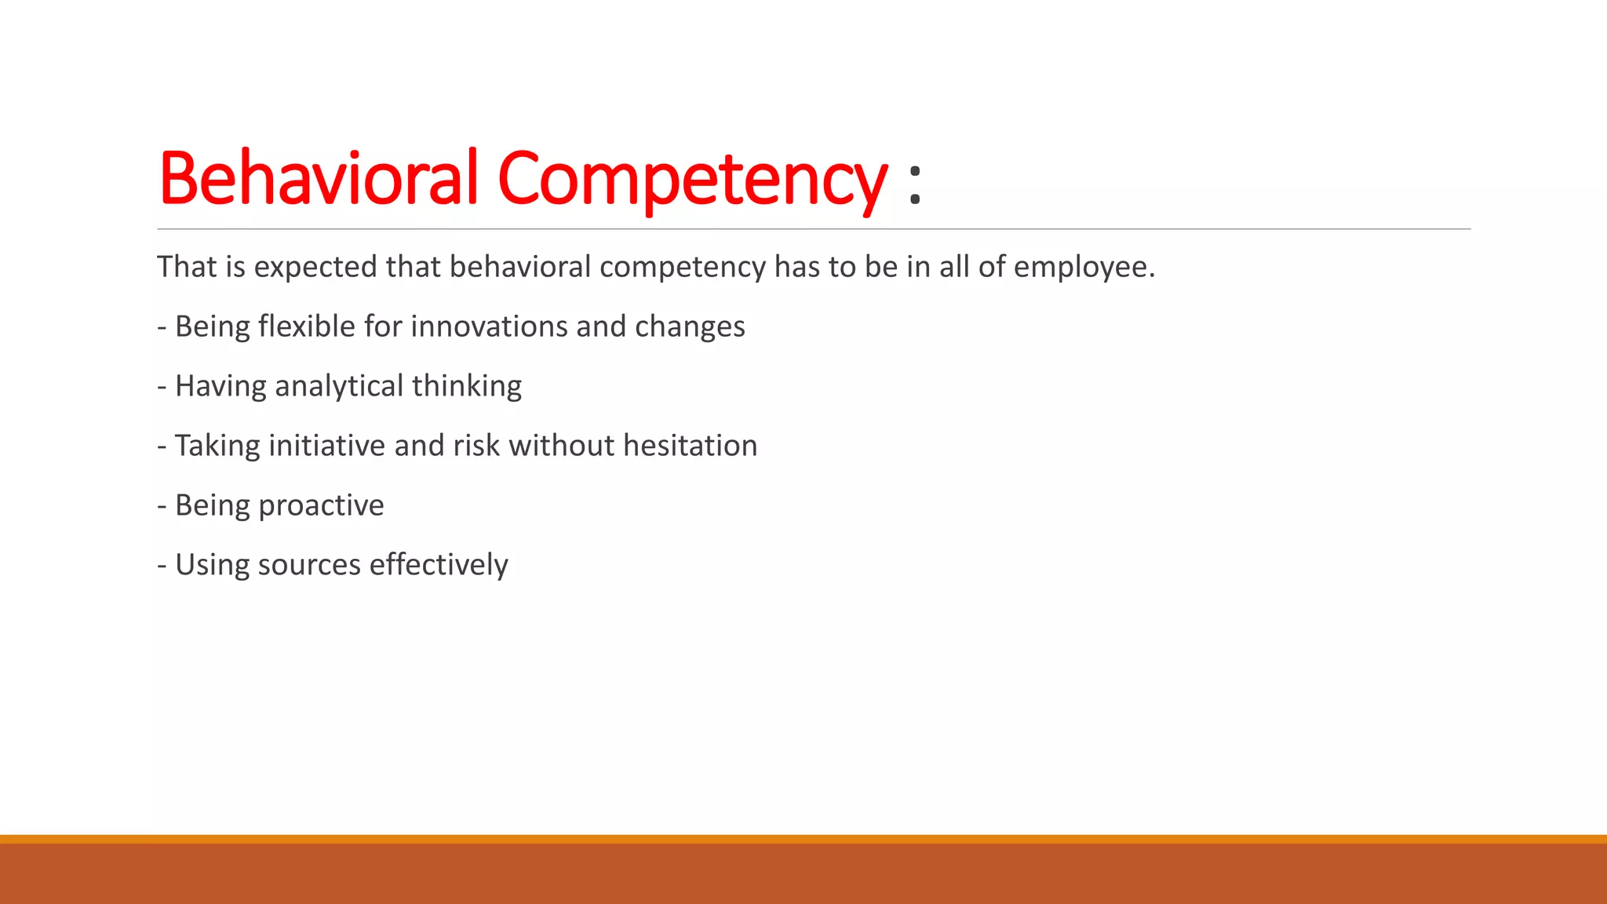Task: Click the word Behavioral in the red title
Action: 318,178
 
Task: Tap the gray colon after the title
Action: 914,184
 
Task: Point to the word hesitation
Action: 691,446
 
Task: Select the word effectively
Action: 439,565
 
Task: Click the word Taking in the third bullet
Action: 217,447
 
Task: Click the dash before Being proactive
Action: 162,506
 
